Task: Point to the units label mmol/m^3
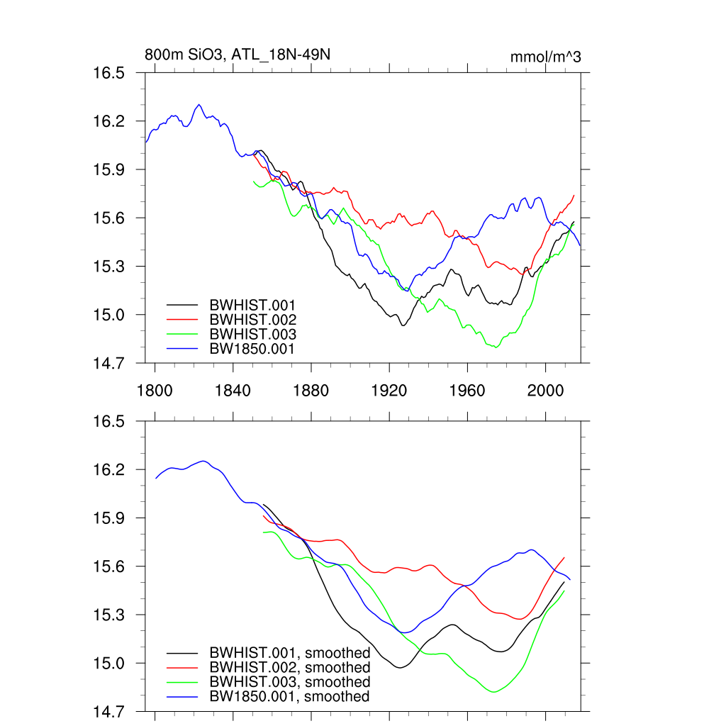point(545,57)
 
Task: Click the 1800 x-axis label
point(155,389)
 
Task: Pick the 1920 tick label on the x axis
point(389,389)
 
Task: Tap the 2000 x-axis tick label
point(544,389)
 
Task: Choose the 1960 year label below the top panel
point(467,389)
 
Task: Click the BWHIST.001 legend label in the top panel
point(252,305)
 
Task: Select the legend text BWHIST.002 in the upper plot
point(252,320)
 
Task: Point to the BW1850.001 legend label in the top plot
point(252,349)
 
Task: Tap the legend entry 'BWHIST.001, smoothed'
point(289,652)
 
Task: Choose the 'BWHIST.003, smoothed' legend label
point(289,682)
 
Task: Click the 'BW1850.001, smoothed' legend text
point(289,697)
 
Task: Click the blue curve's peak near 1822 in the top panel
point(199,105)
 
